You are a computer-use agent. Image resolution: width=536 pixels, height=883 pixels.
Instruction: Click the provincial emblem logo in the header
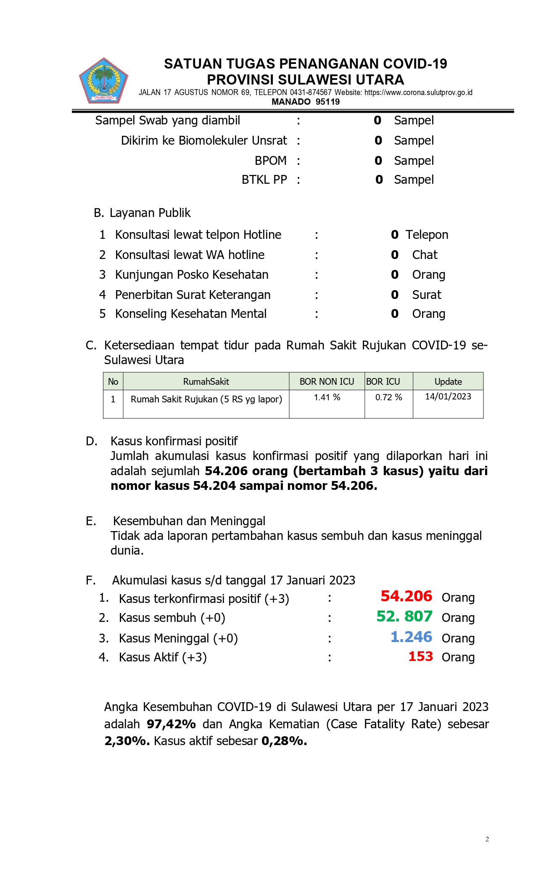coord(103,81)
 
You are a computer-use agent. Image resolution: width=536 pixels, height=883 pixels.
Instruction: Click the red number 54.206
coord(406,596)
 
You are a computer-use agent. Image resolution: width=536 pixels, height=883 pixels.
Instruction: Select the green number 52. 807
coord(404,616)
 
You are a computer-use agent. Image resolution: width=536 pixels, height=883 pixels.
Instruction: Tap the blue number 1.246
coord(411,637)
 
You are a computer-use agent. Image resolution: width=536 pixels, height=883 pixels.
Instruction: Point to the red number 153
coord(420,656)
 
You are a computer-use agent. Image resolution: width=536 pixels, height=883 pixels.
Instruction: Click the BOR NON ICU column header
coord(327,382)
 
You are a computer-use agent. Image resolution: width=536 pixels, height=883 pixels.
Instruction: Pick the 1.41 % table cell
coord(327,397)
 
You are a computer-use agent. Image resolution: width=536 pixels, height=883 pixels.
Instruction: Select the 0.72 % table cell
coord(388,397)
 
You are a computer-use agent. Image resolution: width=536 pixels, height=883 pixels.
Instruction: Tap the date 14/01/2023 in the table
coord(448,397)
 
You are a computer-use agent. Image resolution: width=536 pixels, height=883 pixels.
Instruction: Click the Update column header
coord(448,382)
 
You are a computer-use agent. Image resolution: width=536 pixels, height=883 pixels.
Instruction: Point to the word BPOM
coord(271,161)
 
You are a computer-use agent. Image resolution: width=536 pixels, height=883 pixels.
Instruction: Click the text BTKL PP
coord(264,180)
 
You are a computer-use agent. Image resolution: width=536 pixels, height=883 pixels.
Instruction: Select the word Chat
coord(425,255)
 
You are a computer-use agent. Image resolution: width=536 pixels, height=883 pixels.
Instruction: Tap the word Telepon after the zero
coord(427,235)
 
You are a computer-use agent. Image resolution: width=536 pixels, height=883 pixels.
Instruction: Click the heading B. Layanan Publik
coord(142,213)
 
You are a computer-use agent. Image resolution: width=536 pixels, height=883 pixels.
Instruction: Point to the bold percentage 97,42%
coord(171,724)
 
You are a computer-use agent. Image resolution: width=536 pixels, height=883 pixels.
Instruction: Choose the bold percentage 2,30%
coord(127,741)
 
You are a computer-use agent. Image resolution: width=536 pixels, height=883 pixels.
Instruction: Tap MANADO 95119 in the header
coord(306,102)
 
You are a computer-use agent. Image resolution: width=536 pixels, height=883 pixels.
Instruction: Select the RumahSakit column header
coord(206,382)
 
